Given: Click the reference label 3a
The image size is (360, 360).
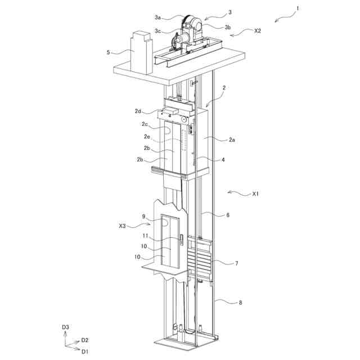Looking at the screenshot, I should coord(159,17).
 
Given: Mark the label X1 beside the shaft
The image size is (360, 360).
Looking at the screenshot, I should coord(255,194).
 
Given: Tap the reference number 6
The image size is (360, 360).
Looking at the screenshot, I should coord(227,214).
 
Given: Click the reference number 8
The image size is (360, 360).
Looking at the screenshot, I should coord(240,303).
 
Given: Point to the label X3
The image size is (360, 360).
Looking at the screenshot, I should coord(123,226).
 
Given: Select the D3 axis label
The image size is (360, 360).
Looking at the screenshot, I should coord(65,326).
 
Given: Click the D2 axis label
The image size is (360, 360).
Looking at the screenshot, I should coord(85,340).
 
